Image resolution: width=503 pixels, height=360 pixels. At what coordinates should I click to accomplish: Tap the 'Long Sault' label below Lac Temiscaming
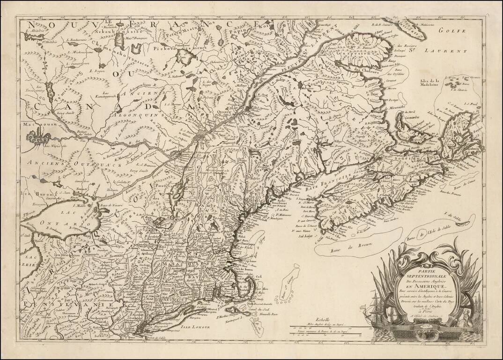coord(43,113)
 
